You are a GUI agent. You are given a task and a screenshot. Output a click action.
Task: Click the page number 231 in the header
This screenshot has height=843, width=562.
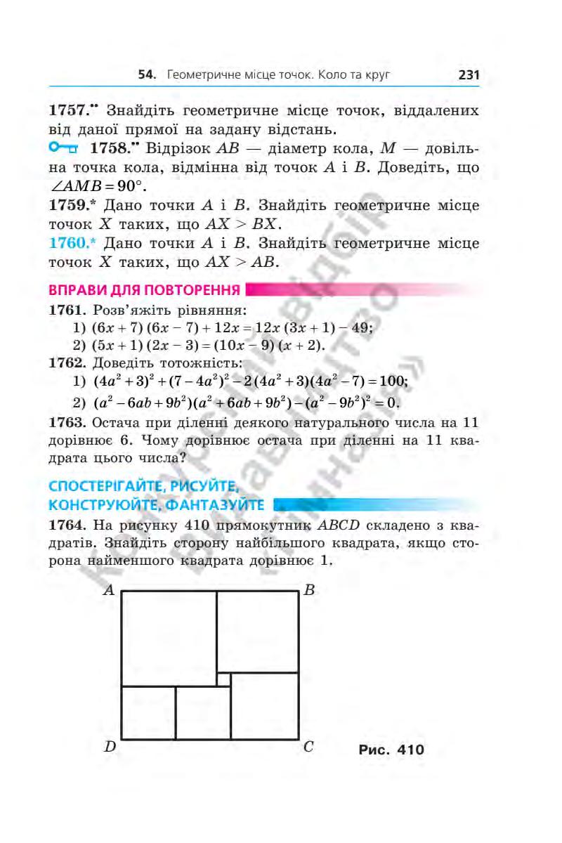468,74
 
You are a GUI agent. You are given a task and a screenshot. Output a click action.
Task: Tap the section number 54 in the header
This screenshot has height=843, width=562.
146,74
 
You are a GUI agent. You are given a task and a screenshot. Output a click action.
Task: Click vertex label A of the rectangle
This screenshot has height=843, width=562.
109,590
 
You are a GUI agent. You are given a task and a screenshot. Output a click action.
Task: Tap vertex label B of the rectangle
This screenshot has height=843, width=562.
309,590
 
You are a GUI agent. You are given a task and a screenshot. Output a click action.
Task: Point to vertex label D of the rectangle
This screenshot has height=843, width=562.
110,747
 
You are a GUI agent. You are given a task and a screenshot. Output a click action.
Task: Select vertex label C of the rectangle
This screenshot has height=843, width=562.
308,747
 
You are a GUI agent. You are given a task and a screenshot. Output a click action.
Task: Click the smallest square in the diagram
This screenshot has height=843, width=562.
223,679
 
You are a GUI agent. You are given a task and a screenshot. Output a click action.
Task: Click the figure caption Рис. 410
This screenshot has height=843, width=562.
391,750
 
